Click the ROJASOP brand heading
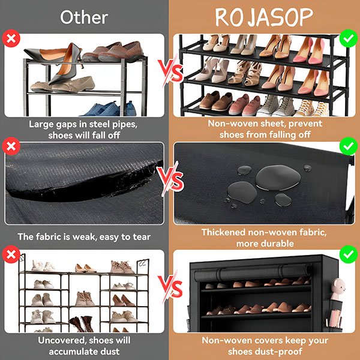click(264, 17)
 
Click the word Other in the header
click(84, 17)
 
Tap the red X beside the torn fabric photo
click(11, 146)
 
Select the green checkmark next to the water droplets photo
click(348, 146)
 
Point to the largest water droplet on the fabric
click(278, 178)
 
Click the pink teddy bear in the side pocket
click(338, 289)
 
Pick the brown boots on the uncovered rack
click(82, 324)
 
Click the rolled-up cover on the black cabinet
click(252, 272)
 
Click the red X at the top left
click(11, 38)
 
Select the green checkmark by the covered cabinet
click(348, 254)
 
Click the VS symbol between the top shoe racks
click(171, 71)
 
